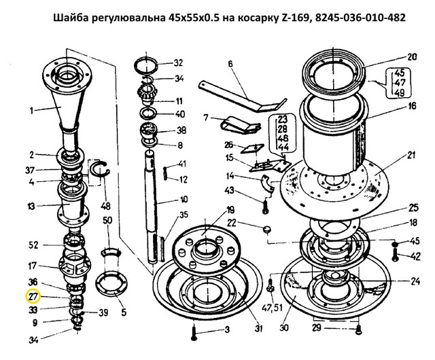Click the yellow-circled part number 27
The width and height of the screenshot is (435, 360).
tap(33, 297)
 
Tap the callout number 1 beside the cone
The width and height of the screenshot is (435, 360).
tap(32, 111)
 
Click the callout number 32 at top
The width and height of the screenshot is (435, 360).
tap(178, 63)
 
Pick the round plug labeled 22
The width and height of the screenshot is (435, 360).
tap(267, 230)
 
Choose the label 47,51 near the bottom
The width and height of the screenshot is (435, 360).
tap(272, 308)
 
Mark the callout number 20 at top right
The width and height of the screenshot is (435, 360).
tap(412, 57)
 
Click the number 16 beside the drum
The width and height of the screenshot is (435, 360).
tap(412, 106)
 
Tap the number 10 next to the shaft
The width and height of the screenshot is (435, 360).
tap(184, 200)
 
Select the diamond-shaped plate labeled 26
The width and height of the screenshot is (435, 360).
tap(251, 149)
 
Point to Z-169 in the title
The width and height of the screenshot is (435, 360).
tap(294, 18)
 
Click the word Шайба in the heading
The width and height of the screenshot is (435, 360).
tap(68, 18)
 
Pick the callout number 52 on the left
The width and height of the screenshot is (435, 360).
tap(33, 245)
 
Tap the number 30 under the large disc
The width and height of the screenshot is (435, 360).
tap(284, 328)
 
